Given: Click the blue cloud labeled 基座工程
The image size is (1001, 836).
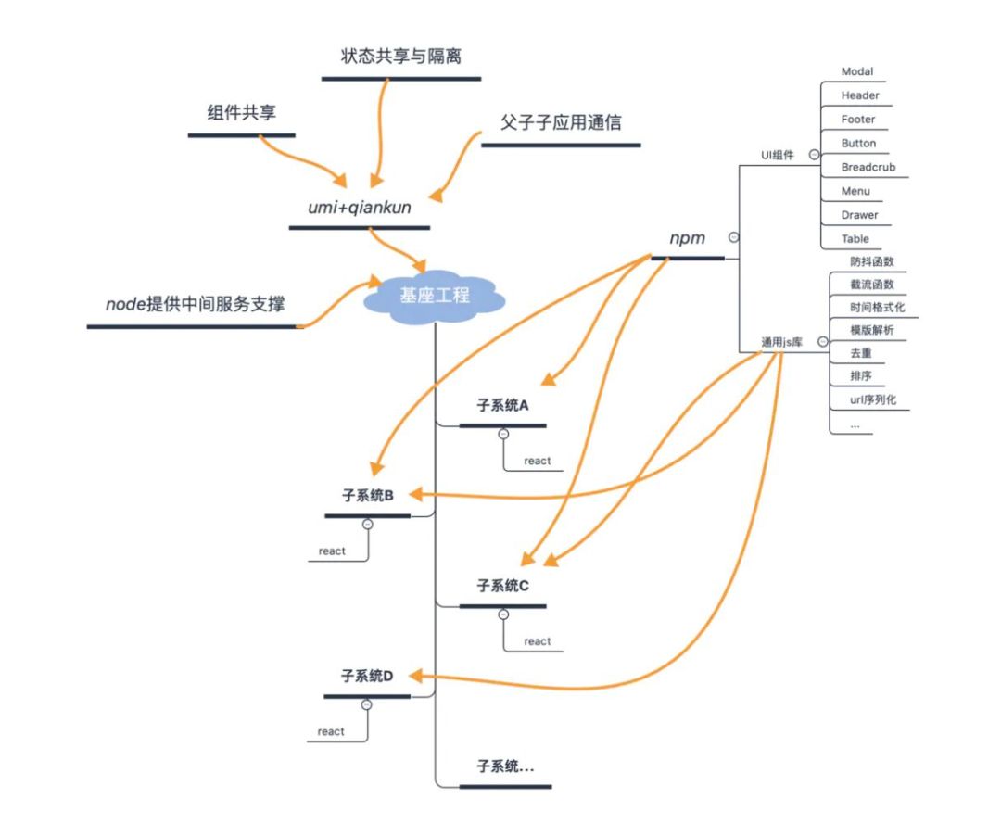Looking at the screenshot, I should click(435, 297).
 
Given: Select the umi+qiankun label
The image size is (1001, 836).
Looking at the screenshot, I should click(359, 208).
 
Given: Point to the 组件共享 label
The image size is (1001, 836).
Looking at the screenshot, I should click(241, 113).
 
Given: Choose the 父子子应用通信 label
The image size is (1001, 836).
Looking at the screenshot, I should click(561, 122).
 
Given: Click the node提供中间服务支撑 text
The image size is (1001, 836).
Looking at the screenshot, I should click(195, 304).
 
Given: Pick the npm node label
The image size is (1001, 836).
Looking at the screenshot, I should click(687, 238).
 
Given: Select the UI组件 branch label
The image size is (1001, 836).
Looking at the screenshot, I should click(778, 156).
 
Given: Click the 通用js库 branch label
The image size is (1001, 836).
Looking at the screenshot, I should click(781, 342).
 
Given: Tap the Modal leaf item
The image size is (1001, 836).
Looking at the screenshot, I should click(857, 71).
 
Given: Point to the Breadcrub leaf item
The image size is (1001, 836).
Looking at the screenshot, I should click(868, 168).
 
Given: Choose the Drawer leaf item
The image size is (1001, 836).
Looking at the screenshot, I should click(859, 215).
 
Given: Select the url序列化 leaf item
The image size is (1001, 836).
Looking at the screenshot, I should click(872, 400).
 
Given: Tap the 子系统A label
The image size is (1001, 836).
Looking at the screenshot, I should click(502, 405).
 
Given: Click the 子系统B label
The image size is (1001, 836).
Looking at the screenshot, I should click(368, 496).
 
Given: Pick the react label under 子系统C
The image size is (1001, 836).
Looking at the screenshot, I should click(537, 641).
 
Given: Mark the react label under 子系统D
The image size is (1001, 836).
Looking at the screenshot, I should click(331, 731).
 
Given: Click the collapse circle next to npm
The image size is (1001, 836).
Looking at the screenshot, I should click(733, 237).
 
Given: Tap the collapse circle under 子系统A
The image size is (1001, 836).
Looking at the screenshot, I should click(503, 434).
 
